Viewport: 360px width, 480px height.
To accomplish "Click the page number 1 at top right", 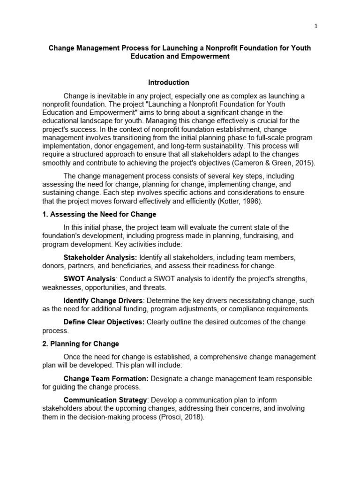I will click(316, 26).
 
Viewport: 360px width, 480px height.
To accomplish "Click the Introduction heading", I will click(169, 82).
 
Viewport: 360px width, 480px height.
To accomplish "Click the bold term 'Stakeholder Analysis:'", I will click(100, 258).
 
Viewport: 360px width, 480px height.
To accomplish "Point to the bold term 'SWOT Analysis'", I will click(89, 279).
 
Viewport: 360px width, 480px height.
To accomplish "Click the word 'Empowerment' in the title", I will click(193, 56).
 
